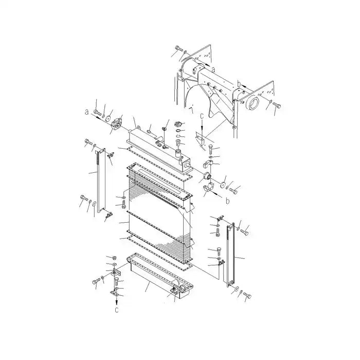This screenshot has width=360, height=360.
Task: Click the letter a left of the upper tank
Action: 87,111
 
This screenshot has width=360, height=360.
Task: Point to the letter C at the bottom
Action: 116,310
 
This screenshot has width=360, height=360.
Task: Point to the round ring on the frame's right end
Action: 253,105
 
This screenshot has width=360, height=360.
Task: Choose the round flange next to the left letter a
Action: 117,124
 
